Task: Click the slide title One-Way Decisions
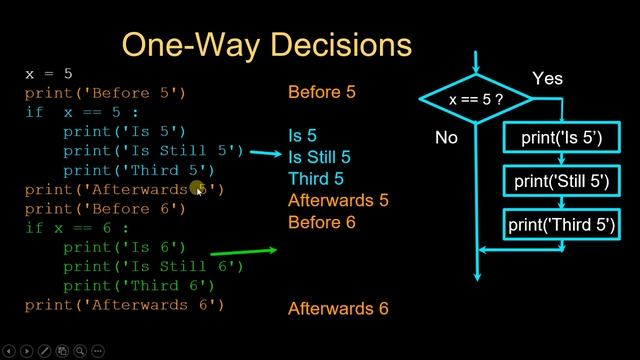(266, 44)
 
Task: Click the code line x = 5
(48, 74)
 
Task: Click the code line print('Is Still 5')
(153, 151)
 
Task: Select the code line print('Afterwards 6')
(125, 304)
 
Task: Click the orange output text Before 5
(322, 93)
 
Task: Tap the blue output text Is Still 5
(319, 157)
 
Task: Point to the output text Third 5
(315, 179)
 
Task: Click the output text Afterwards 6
(338, 309)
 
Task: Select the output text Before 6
(322, 222)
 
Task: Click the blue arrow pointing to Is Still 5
(265, 154)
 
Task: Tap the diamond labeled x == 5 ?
(475, 100)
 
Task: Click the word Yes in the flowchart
(547, 78)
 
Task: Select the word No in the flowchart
(446, 138)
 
